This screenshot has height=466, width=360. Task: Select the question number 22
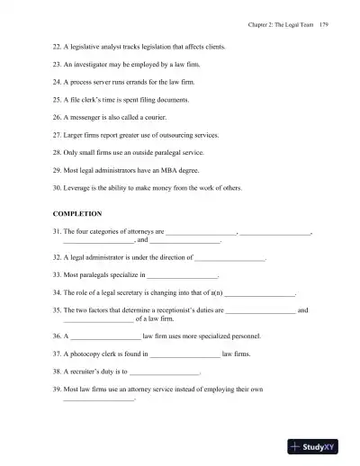(57, 47)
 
